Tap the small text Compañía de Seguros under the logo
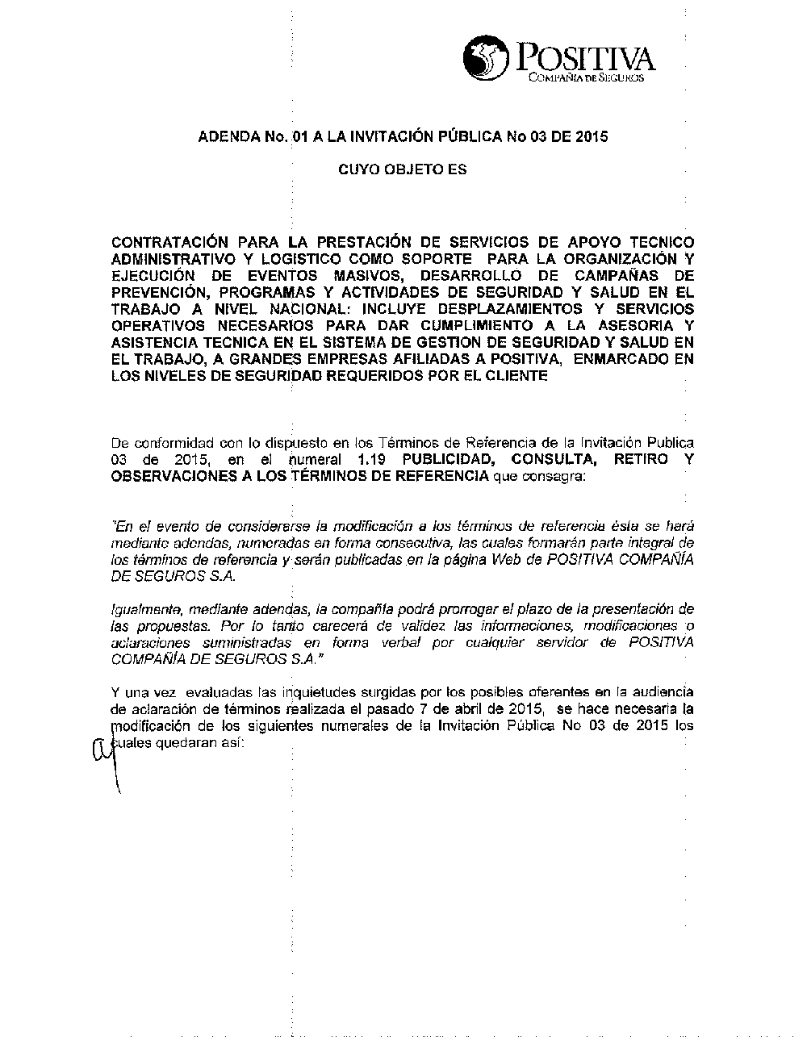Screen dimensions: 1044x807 coord(585,78)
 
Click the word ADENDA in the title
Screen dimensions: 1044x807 coord(228,136)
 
